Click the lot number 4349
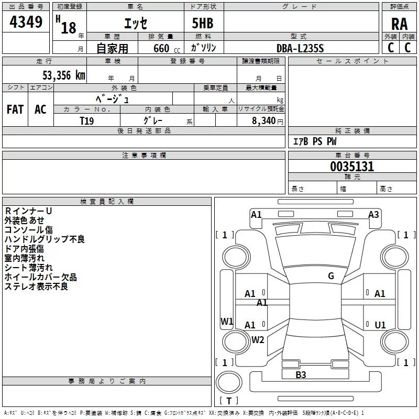[x=26, y=21]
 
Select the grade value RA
[x=399, y=24]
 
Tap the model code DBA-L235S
[x=300, y=48]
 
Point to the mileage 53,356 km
[x=63, y=75]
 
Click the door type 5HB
[x=203, y=23]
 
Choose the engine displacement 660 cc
[x=167, y=48]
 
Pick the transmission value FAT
[x=15, y=109]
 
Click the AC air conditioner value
[x=40, y=109]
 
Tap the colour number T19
[x=86, y=121]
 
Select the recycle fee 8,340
[x=263, y=120]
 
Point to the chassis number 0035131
[x=352, y=166]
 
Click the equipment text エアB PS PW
[x=315, y=141]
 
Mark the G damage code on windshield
[x=331, y=276]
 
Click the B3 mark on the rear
[x=301, y=374]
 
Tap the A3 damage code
[x=373, y=215]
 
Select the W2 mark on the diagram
[x=258, y=339]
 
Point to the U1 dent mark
[x=380, y=325]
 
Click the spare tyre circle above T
[x=229, y=382]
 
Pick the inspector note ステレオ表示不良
[x=36, y=286]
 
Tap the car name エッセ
[x=136, y=23]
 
